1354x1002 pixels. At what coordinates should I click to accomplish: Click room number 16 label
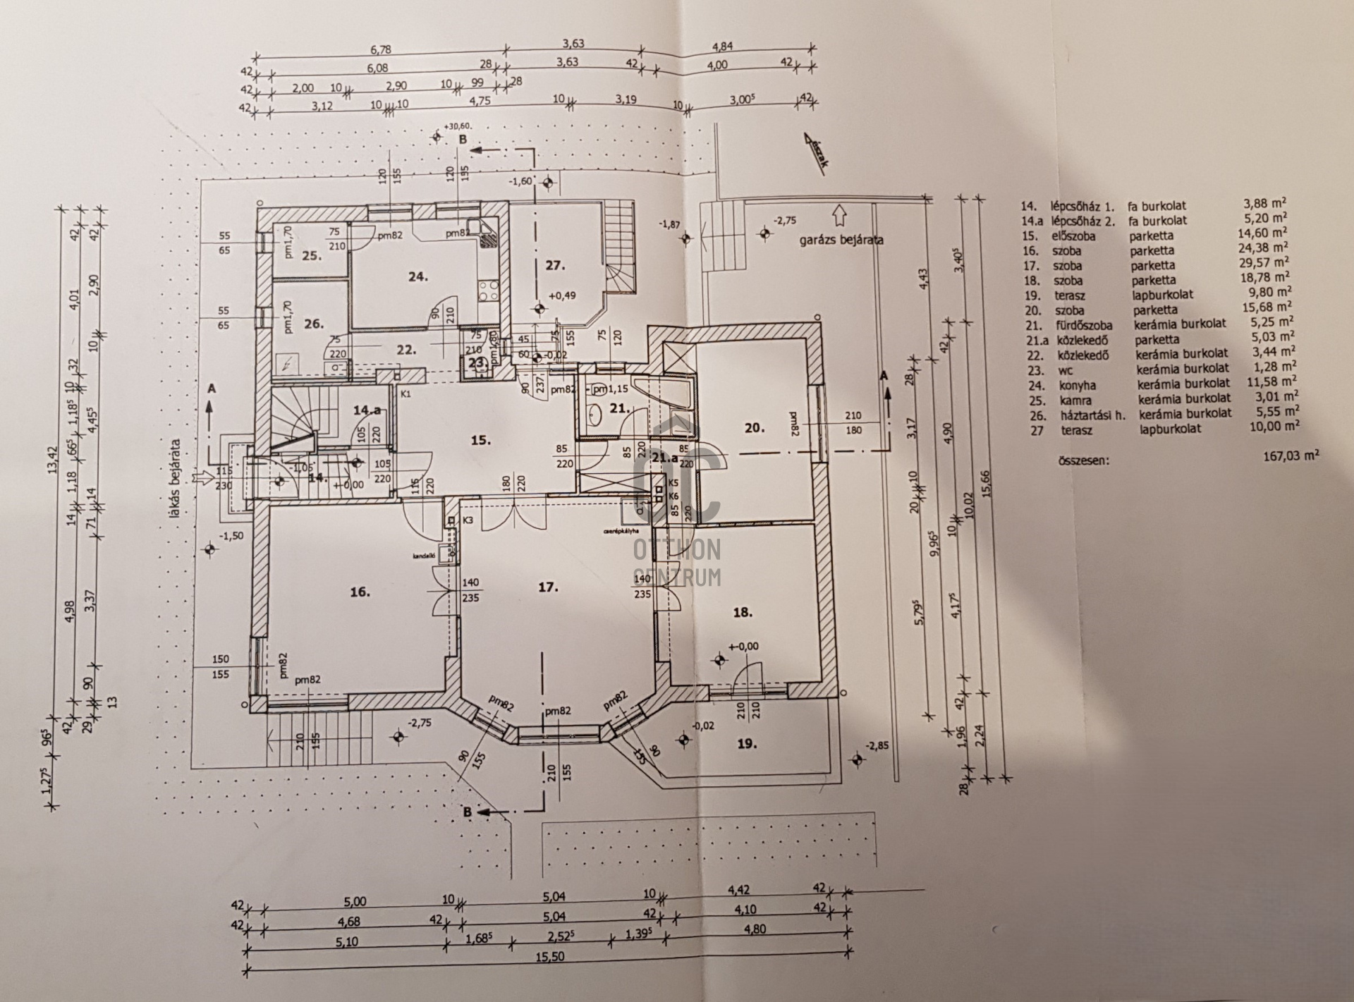tap(360, 592)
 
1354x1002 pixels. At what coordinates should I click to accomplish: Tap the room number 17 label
tap(548, 587)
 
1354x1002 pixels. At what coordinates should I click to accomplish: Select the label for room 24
tap(417, 277)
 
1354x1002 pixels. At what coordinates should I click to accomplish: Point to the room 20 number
tap(755, 446)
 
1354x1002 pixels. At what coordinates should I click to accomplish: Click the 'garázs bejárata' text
tap(841, 240)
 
